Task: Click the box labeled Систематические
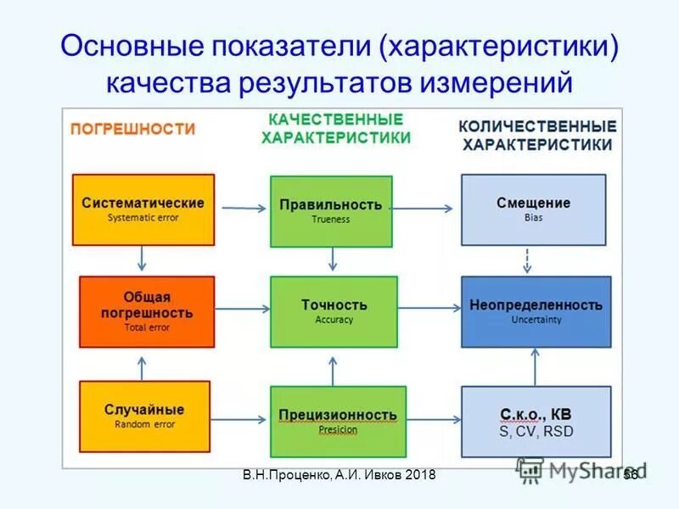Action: [x=143, y=210]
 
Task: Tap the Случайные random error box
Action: [x=143, y=416]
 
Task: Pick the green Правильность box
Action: [x=331, y=211]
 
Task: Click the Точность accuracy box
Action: [x=334, y=311]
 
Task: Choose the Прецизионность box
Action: [x=338, y=422]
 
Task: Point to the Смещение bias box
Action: [x=533, y=210]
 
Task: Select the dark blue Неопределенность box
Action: [x=536, y=311]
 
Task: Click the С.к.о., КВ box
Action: [x=536, y=422]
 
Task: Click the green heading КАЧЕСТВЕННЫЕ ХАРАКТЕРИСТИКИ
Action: [x=336, y=128]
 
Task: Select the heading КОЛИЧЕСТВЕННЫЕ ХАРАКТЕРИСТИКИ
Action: [x=537, y=135]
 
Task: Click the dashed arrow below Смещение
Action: [x=527, y=260]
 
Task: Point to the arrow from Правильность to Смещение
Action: [x=427, y=207]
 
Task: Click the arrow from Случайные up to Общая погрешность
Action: [x=143, y=366]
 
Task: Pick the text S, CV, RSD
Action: [x=536, y=431]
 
